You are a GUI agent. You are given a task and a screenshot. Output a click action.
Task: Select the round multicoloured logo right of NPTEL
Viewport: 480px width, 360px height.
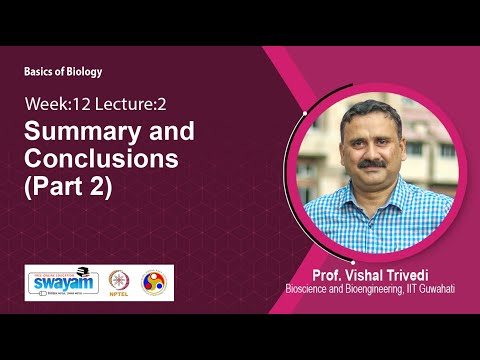click(155, 282)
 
